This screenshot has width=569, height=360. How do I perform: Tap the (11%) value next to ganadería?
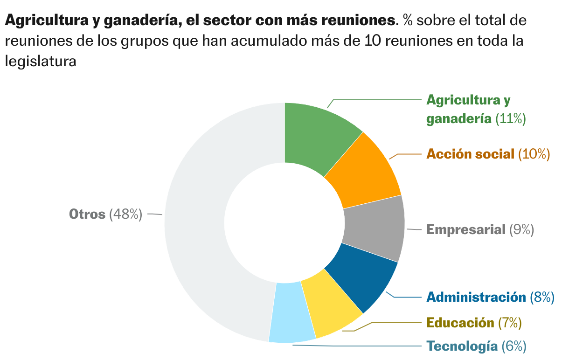click(510, 118)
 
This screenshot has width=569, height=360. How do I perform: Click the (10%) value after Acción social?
click(534, 154)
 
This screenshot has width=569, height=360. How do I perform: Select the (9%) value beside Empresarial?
click(521, 229)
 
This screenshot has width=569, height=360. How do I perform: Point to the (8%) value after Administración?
click(542, 297)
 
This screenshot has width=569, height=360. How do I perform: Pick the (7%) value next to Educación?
click(509, 322)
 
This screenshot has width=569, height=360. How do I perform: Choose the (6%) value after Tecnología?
click(514, 346)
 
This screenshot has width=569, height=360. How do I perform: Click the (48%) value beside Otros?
click(125, 215)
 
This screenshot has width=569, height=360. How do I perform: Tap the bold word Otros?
click(87, 215)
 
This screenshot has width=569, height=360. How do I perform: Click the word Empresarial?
click(466, 229)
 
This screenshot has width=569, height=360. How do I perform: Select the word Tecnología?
click(462, 346)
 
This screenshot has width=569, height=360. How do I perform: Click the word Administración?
click(476, 297)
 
